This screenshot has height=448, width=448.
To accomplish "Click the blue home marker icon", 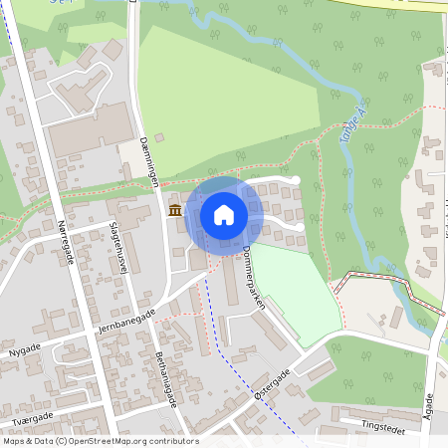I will (x=224, y=214).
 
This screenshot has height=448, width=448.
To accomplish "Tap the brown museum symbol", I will (x=176, y=210).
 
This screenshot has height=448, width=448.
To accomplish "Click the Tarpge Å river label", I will (x=347, y=144).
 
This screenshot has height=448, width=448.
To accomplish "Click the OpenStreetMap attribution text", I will (x=100, y=441).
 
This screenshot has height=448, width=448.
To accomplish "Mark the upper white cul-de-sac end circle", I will (x=296, y=179).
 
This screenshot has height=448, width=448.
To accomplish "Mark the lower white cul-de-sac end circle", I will (x=301, y=229).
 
